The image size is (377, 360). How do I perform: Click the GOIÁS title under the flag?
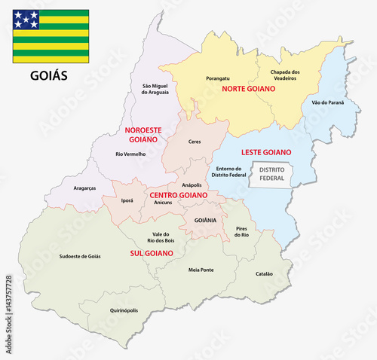click(x=49, y=76)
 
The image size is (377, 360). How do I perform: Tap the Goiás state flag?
click(x=50, y=36)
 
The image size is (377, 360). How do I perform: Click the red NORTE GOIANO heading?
click(x=248, y=89)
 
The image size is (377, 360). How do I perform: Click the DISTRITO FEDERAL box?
click(x=271, y=174)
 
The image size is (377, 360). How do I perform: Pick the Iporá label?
click(x=127, y=201)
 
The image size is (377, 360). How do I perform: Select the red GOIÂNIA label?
click(x=204, y=220)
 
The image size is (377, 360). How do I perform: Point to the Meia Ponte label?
click(x=201, y=270)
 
